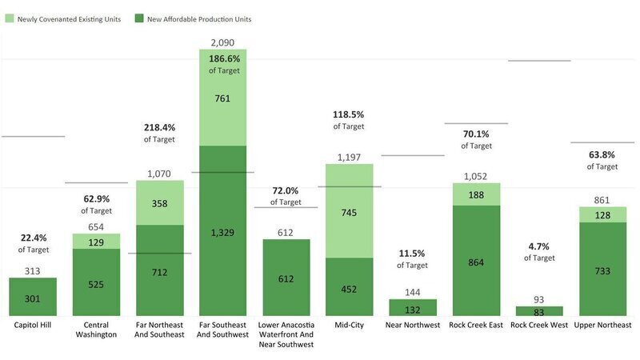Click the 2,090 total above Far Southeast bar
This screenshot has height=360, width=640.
pyautogui.click(x=222, y=42)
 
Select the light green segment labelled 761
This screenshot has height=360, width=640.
pyautogui.click(x=222, y=98)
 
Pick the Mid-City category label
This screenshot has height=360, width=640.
pyautogui.click(x=349, y=326)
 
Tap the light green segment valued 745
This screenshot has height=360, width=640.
pyautogui.click(x=349, y=211)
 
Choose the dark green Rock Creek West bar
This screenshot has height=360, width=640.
pyautogui.click(x=538, y=311)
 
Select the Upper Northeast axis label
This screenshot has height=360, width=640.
pyautogui.click(x=602, y=326)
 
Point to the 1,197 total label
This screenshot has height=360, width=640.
pyautogui.click(x=349, y=157)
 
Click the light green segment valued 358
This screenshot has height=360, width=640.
pyautogui.click(x=159, y=203)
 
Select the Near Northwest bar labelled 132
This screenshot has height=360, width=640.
pyautogui.click(x=412, y=307)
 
